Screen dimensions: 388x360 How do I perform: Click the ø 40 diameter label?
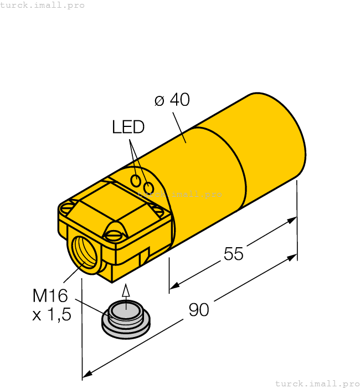point(172,100)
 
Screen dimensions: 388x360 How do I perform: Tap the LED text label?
point(128,127)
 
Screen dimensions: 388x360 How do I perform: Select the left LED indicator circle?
point(136,180)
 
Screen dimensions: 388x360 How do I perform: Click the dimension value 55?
point(233,254)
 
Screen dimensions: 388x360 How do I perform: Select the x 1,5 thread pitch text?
point(52,315)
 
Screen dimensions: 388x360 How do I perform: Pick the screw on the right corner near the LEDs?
point(157,210)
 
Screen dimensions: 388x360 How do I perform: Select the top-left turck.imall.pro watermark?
point(43,5)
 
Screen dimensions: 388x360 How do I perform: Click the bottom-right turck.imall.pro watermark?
point(317,383)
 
